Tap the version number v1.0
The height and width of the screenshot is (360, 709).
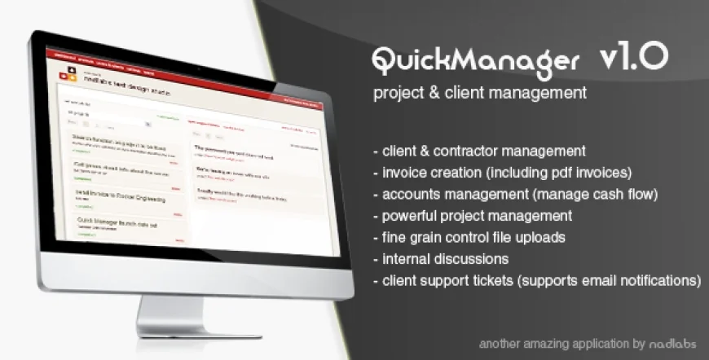coord(633,56)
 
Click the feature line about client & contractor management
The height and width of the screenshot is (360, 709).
coord(478,151)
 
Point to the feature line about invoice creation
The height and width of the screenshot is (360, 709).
coord(502,173)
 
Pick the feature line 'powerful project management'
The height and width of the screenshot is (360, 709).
coord(472,216)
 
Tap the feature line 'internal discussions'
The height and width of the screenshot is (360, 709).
coord(441,259)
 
